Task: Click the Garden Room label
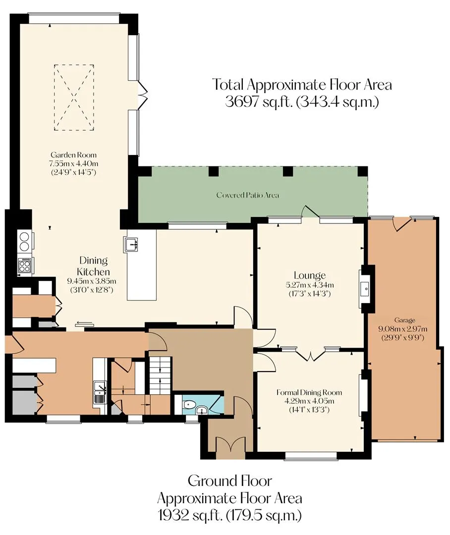pos(73,155)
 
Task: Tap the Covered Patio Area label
pos(247,195)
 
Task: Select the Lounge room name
pos(310,275)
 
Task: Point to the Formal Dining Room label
pos(309,392)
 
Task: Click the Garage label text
pos(404,320)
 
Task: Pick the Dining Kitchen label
pos(93,266)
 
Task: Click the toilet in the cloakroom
pos(188,405)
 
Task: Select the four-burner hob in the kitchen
pos(25,266)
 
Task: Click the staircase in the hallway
pos(160,375)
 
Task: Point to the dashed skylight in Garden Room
pos(74,98)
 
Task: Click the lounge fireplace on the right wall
pos(365,289)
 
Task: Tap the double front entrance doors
pos(230,447)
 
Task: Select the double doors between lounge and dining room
pos(310,355)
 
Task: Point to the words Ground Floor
pos(230,481)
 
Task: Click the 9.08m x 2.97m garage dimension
pos(403,329)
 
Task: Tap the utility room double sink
pos(100,392)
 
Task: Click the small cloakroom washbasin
pos(202,410)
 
